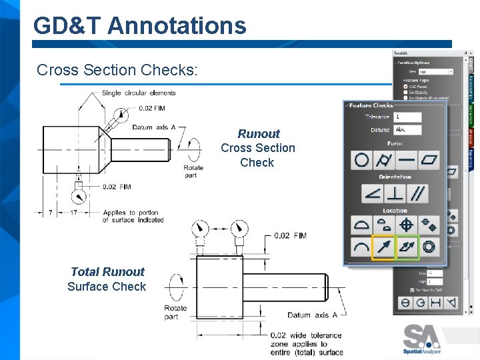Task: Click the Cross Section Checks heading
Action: tap(117, 70)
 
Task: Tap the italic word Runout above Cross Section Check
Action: tap(259, 133)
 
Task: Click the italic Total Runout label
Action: tap(107, 271)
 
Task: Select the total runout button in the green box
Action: tap(407, 247)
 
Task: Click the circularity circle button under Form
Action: tap(362, 160)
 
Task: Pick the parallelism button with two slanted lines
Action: tap(419, 194)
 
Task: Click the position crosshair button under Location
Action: tap(407, 225)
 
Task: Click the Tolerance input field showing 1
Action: tap(408, 117)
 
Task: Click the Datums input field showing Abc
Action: tap(408, 129)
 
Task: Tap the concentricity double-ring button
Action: tap(429, 247)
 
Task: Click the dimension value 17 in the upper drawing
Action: tap(74, 213)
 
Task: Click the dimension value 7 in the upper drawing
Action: tap(51, 213)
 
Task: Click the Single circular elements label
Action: tap(139, 93)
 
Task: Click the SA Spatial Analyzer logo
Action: tap(422, 338)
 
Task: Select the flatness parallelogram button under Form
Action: tap(430, 160)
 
